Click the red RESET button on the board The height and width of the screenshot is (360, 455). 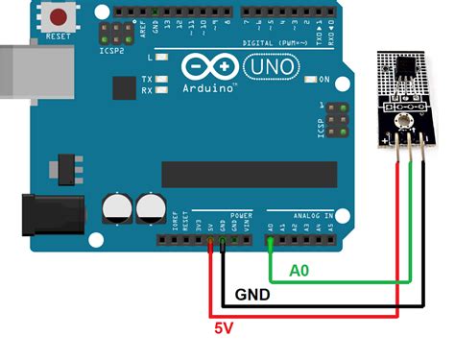[x=60, y=17]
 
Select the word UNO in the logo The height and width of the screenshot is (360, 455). [x=267, y=68]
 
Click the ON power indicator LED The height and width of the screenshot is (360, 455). [x=312, y=79]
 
